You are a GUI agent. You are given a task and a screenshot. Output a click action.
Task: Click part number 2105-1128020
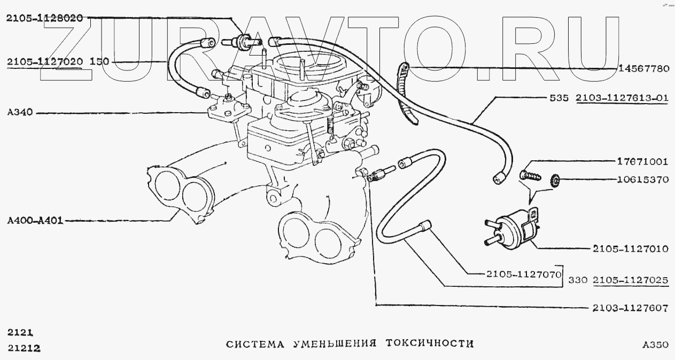coord(44,18)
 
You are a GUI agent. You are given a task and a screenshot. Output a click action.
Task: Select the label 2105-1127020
coord(44,62)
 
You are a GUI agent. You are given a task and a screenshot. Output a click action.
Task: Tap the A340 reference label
coord(20,113)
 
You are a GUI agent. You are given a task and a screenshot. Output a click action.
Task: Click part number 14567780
coord(643,68)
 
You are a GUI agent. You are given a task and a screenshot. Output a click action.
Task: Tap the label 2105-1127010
coord(630,249)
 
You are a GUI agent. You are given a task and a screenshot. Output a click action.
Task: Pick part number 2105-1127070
coord(523,275)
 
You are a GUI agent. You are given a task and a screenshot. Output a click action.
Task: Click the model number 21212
coord(25,348)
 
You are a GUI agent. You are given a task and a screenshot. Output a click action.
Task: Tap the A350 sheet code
coord(655,345)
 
